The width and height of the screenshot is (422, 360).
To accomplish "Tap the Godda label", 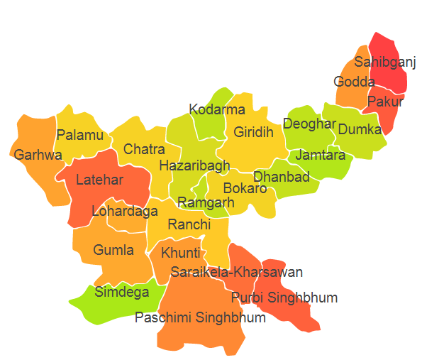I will coord(350,81).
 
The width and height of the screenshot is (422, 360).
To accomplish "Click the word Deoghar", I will coord(309,124).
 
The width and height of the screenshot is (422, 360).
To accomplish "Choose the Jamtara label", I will coord(321,154).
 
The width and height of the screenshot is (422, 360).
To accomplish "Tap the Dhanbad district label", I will coord(282,177).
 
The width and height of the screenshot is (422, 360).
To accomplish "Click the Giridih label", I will coord(253,132).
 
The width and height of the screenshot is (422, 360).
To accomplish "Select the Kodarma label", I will coord(217,109).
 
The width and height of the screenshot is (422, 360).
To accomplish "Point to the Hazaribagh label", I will coord(194,165).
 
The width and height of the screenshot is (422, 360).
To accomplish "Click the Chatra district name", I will coord(144,149).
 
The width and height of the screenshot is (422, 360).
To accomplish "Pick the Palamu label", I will coord(80,135).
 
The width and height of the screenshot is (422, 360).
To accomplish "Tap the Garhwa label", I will coord(38,154).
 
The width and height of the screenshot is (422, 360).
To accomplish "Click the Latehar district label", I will coord(100,180).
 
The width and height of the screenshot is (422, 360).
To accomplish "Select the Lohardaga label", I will coord(125,211).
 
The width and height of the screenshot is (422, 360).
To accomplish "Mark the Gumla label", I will coord(113,250).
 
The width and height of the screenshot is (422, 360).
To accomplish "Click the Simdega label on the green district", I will coord(122,291).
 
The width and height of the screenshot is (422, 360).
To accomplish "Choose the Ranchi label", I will coord(189,224).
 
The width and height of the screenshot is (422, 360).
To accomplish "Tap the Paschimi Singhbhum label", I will coord(200,317).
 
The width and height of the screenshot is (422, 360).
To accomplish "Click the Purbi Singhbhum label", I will coord(284,297).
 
